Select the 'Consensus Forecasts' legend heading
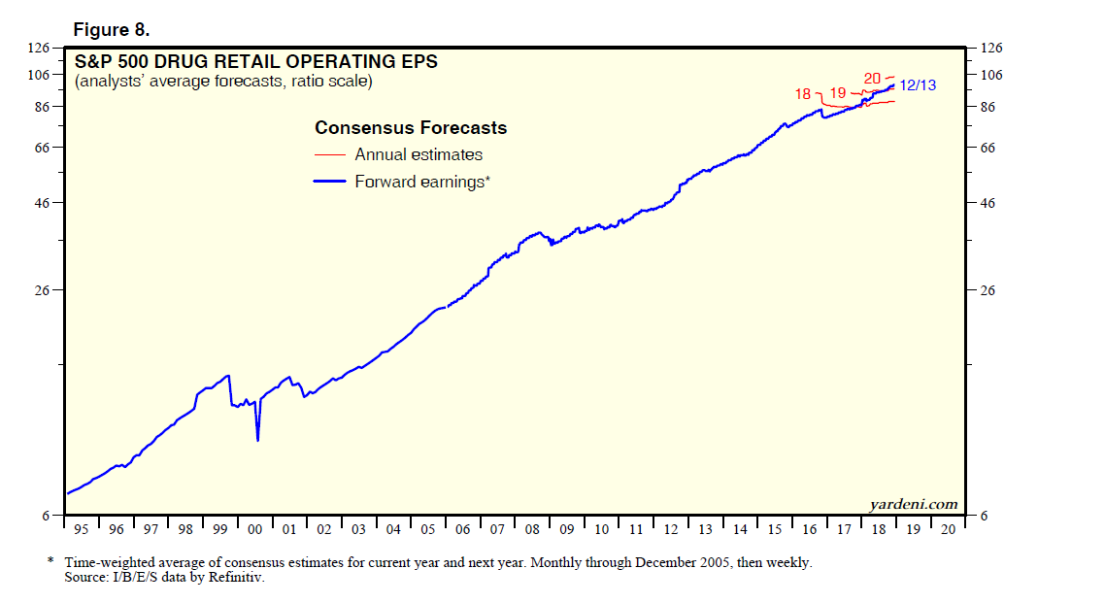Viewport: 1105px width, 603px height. coord(411,128)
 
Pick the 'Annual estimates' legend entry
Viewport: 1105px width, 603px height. coord(419,154)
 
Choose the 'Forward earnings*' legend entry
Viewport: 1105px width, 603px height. coord(419,181)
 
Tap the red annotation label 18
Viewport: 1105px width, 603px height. coord(802,94)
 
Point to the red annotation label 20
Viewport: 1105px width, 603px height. coord(872,78)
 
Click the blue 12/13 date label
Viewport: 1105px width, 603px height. coord(917,85)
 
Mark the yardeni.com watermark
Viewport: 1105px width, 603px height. coord(912,504)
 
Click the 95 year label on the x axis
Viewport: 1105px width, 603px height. coord(82,529)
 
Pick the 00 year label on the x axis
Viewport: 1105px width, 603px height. coord(255,529)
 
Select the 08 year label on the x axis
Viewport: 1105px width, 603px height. coord(532,529)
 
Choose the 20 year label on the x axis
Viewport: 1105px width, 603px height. coord(948,529)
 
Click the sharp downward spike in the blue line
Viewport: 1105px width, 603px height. coord(257,440)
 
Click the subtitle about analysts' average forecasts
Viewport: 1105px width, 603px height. coord(223,82)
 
